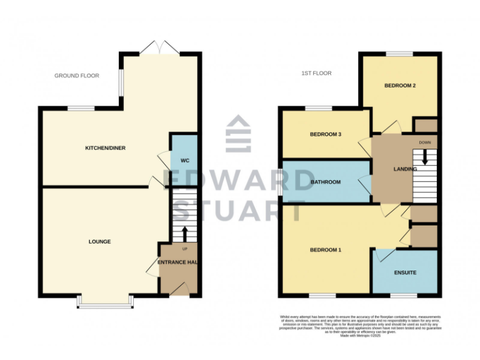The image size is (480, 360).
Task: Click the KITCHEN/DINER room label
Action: click(104, 148)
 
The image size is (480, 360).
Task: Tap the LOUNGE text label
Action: click(99, 241)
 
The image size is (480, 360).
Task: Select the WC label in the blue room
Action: click(184, 161)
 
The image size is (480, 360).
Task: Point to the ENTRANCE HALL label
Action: click(177, 262)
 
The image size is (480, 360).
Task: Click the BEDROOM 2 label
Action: click(400, 86)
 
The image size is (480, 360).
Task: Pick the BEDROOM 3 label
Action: click(326, 134)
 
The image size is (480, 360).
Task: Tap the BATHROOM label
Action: click(326, 182)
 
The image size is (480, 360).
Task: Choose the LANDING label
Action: click(404, 169)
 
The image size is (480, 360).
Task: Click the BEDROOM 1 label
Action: click(326, 250)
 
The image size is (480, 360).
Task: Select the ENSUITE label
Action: click(405, 272)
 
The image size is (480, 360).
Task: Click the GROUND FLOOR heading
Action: click(76, 76)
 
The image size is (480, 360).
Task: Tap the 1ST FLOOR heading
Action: click(316, 73)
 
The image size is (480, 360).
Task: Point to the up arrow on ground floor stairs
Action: click(184, 233)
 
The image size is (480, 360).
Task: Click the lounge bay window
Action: click(104, 302)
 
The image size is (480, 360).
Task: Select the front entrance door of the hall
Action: click(181, 288)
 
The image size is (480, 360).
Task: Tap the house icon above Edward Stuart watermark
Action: click(238, 133)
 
